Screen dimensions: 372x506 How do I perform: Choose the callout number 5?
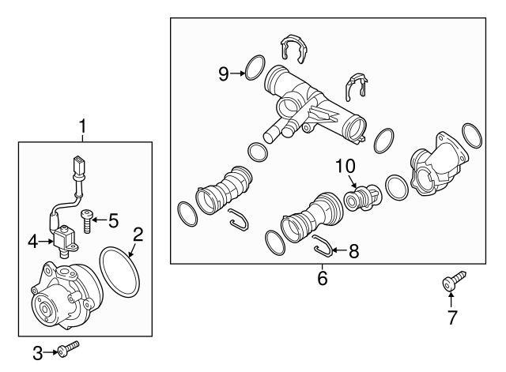(x=113, y=220)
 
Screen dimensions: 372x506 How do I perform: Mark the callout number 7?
(x=451, y=319)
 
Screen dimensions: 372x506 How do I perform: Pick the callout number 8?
(x=353, y=252)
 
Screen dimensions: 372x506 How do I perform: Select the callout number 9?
(x=224, y=73)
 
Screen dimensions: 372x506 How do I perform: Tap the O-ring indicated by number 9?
(x=254, y=68)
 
